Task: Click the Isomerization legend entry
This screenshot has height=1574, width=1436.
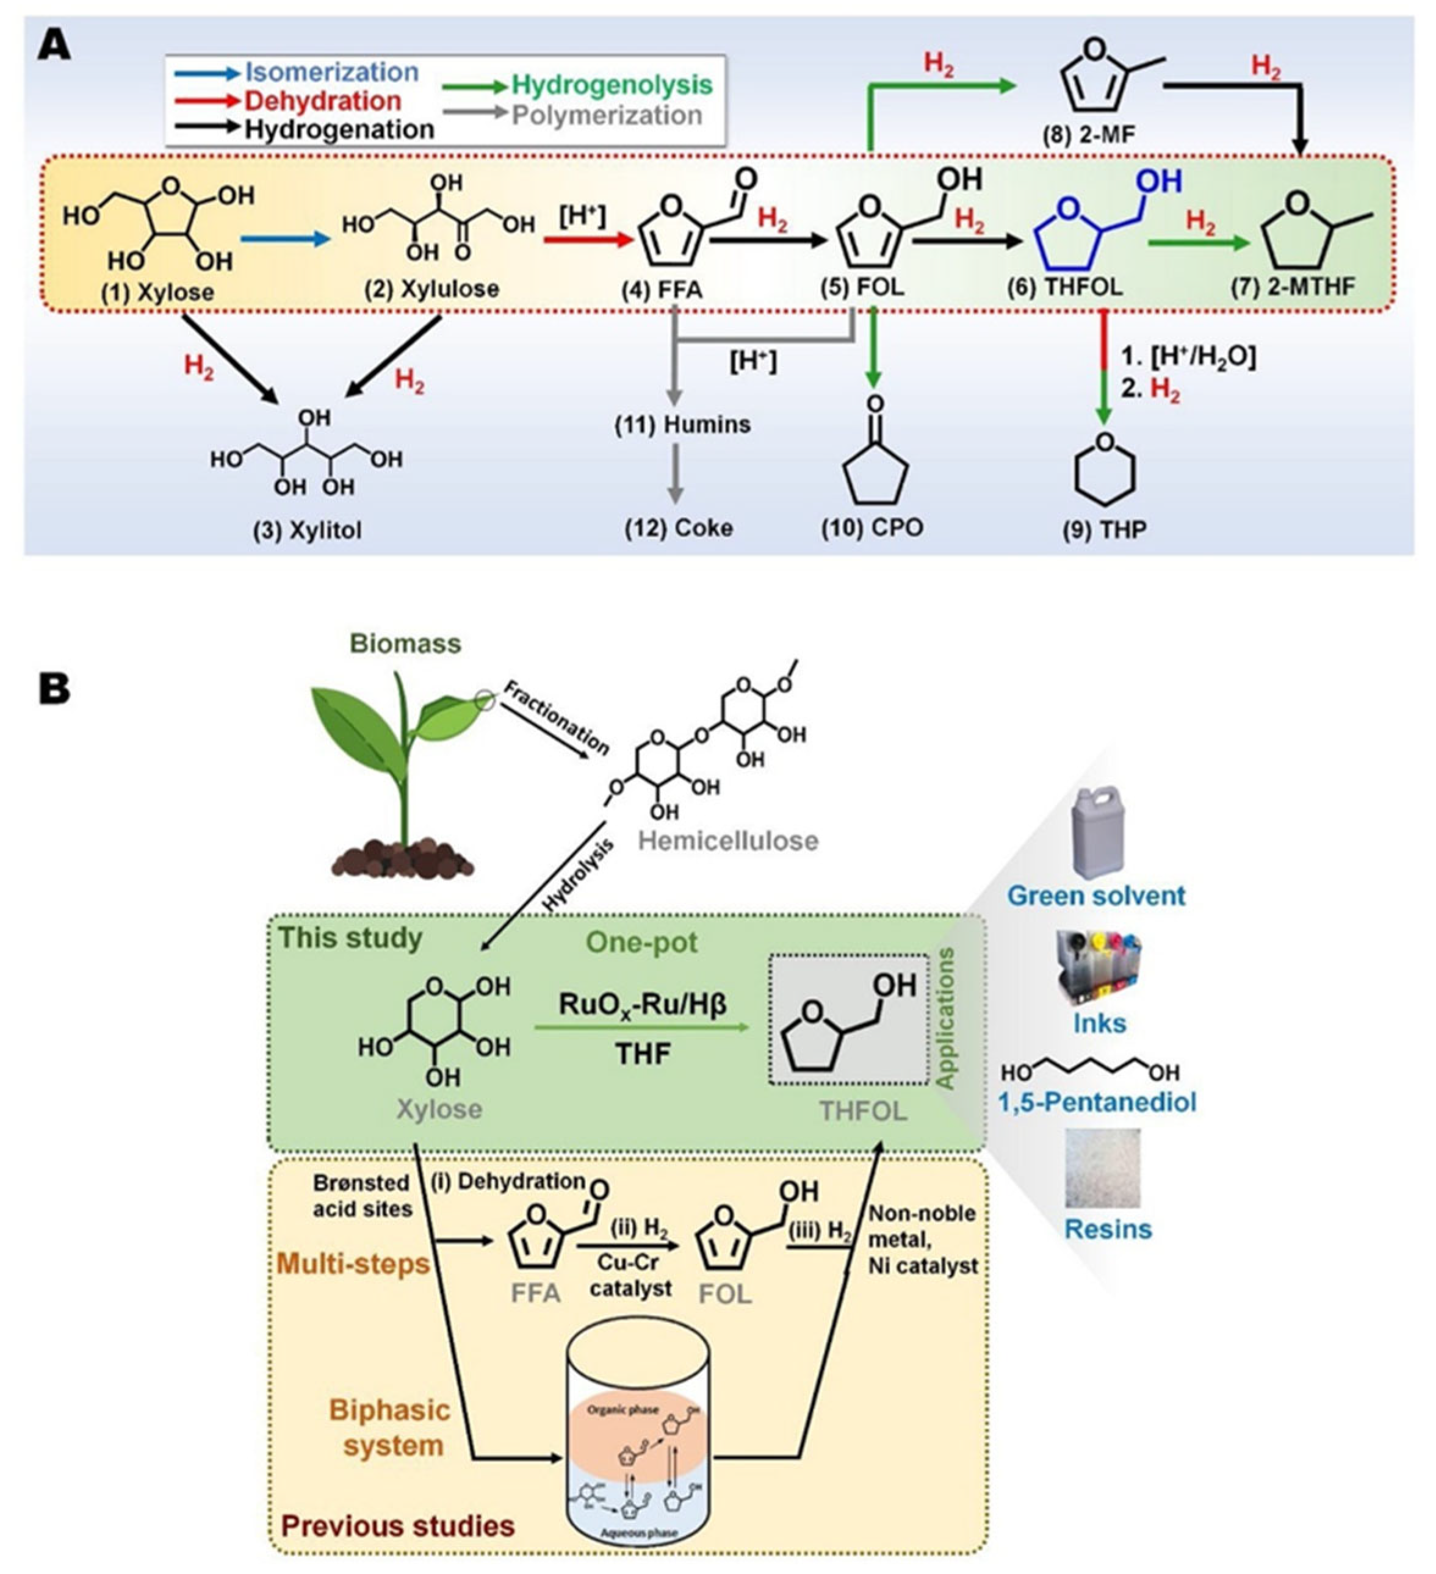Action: coord(331,73)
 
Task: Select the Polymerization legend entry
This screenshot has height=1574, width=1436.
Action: coord(606,115)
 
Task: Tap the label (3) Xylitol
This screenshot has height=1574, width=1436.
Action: coord(307,530)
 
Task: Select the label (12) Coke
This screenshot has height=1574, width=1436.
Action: coord(679,528)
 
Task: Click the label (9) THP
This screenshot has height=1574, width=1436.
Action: coord(1104,530)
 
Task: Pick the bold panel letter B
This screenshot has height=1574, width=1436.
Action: coord(55,689)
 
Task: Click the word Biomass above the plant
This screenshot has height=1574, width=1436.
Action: coord(405,644)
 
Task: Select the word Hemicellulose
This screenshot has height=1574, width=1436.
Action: coord(727,840)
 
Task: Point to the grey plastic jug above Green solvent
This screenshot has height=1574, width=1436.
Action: coord(1099,832)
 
